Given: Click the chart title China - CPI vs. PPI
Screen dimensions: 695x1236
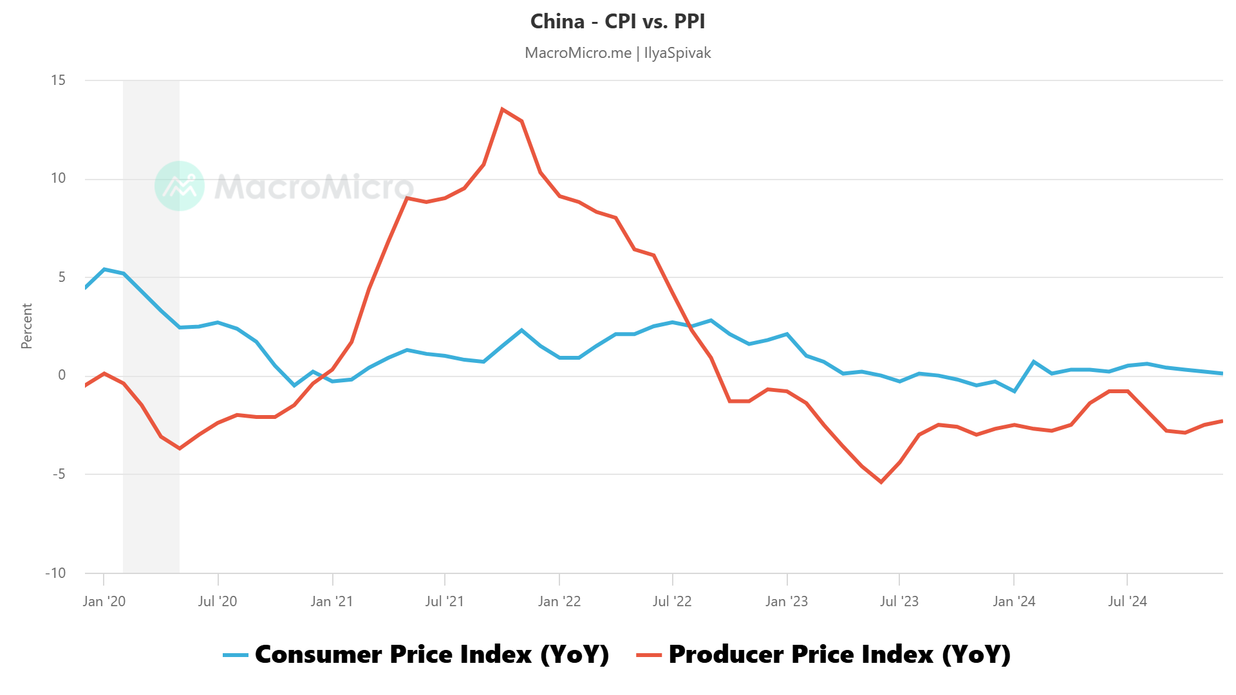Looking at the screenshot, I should (x=617, y=22).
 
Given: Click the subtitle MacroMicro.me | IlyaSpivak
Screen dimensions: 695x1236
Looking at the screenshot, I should (x=617, y=53).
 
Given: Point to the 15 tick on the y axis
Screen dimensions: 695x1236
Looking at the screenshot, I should (x=59, y=80).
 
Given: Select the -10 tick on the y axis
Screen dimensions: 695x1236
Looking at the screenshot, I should (x=56, y=573).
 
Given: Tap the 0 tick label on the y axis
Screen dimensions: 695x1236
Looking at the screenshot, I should (x=62, y=375).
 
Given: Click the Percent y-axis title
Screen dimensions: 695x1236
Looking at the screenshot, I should (x=26, y=326).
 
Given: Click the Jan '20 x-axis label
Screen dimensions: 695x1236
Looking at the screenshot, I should (x=104, y=601).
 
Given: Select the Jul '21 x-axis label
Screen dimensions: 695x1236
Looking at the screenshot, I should (x=444, y=601).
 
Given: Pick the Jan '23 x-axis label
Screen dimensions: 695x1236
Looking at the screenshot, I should (x=786, y=601).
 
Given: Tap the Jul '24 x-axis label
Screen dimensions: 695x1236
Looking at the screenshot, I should (x=1127, y=601).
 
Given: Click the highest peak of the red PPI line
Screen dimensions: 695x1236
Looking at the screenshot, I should (x=502, y=109).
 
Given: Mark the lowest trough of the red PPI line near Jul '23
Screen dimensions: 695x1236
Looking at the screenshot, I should (x=881, y=481).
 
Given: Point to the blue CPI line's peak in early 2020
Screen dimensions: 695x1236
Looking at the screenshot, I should (x=104, y=270).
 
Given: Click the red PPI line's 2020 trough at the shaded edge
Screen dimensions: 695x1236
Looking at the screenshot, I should (x=180, y=448).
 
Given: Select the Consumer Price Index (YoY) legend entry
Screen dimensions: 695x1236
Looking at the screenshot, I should (x=416, y=654).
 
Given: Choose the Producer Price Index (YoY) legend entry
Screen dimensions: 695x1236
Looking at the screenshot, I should (x=823, y=654).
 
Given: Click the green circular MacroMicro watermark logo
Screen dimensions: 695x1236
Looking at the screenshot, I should (x=180, y=186).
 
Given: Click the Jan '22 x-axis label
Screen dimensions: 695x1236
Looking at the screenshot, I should (x=559, y=601).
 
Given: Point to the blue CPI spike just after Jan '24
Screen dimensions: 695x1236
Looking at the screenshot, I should (x=1033, y=362).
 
